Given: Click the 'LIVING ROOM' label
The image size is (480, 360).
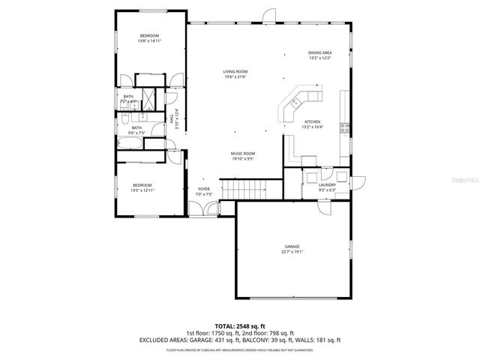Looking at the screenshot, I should click(235, 72).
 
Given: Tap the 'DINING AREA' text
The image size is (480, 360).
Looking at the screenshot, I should click(320, 52).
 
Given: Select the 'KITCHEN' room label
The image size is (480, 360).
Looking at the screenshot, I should click(312, 121).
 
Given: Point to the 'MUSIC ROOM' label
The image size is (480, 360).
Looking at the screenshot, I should click(243, 154).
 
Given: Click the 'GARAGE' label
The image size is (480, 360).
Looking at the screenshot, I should click(292, 247).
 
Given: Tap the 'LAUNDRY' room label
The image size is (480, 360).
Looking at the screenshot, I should click(327, 184).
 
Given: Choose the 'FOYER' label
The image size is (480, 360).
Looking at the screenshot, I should click(204, 189).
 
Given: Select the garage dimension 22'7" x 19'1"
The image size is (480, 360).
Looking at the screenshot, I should click(292, 252).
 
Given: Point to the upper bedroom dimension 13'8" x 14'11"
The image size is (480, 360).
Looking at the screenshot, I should click(150, 41).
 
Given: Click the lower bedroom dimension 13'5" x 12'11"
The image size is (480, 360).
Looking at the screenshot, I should click(142, 190).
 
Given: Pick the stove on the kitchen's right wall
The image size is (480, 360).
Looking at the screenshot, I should click(346, 127).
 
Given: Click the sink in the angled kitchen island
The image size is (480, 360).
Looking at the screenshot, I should click(296, 101).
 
